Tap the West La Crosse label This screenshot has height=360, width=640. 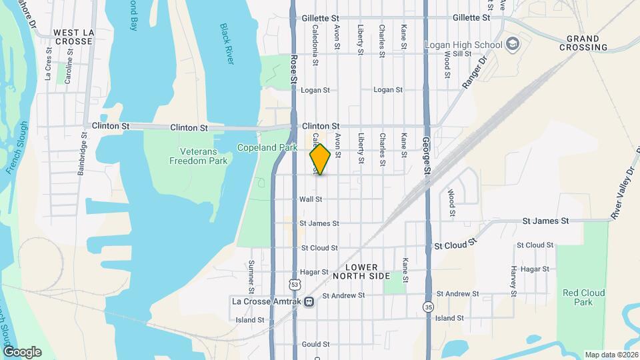click(x=73, y=37)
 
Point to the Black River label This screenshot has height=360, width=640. click(x=227, y=44)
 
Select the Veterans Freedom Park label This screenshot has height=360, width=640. click(x=199, y=156)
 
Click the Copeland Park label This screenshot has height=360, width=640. click(x=267, y=147)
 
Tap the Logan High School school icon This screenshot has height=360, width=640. click(x=513, y=45)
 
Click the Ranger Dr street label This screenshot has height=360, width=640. click(x=475, y=73)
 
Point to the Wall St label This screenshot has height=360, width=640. click(x=311, y=199)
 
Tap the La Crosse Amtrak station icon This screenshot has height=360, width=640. click(x=309, y=301)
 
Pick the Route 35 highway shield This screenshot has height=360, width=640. click(x=427, y=306)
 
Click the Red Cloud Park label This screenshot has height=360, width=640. click(x=583, y=297)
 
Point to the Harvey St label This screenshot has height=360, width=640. click(x=514, y=281)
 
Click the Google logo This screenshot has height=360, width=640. click(x=22, y=352)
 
